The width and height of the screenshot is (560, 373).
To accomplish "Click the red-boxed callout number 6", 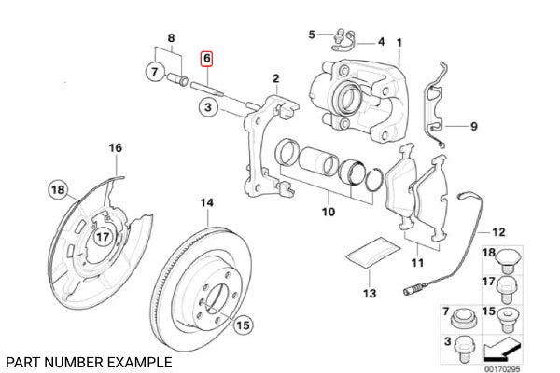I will pos(207,58).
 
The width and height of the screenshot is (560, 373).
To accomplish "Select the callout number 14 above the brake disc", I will pos(207,203).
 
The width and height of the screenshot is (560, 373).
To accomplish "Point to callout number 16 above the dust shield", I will pos(115,147).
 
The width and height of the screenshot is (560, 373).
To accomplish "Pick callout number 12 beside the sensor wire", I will pos(497,231).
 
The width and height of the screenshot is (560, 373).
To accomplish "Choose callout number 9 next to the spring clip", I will pos(474,126).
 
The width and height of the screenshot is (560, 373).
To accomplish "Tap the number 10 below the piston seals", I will pos(328,213).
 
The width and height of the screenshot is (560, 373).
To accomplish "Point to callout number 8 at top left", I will pos(171,37).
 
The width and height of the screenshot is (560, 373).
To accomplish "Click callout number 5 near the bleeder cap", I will pos(313,35).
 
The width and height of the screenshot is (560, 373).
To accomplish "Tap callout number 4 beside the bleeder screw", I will pos(381,42).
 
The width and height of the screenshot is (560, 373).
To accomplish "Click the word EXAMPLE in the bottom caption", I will pos(139,360).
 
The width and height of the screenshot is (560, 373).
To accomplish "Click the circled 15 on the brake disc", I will pos(242,325).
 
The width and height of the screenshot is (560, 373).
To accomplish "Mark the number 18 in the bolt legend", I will pos(487,254).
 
